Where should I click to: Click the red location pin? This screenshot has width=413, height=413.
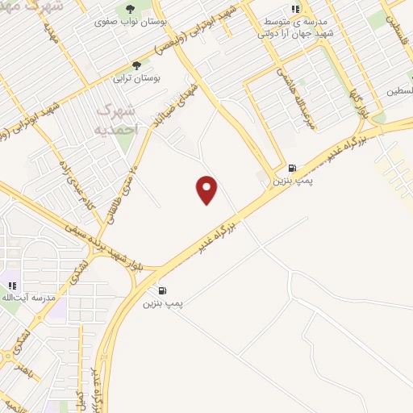point(207,190)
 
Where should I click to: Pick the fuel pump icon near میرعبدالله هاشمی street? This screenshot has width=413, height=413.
point(291,168)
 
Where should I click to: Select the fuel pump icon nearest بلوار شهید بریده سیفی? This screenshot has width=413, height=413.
point(164,290)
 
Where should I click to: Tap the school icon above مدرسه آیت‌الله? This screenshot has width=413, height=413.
point(12,285)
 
